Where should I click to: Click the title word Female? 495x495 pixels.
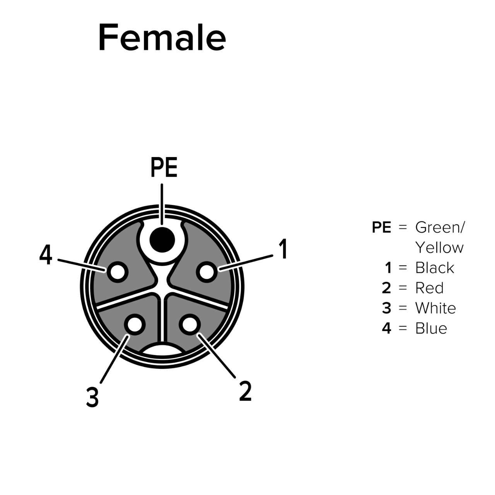click(x=162, y=37)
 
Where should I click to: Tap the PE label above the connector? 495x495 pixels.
click(x=164, y=168)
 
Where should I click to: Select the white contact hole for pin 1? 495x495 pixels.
click(x=207, y=272)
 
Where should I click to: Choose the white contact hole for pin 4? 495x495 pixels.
click(x=117, y=272)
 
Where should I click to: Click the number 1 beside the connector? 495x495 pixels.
click(x=283, y=249)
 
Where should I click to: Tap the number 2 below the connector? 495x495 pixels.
click(x=245, y=391)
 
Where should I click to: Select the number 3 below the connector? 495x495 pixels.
click(x=92, y=397)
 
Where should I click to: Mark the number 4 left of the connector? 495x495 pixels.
click(x=46, y=256)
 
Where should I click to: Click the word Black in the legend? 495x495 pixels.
click(x=434, y=268)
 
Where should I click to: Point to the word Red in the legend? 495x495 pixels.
click(x=429, y=288)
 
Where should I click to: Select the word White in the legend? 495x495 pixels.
click(x=435, y=308)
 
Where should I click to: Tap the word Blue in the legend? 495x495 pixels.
click(x=431, y=328)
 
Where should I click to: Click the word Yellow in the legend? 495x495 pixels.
click(x=439, y=247)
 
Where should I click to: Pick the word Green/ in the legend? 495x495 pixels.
click(x=440, y=227)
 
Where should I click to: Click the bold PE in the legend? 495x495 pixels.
click(x=381, y=227)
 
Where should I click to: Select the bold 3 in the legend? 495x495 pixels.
click(x=386, y=308)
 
